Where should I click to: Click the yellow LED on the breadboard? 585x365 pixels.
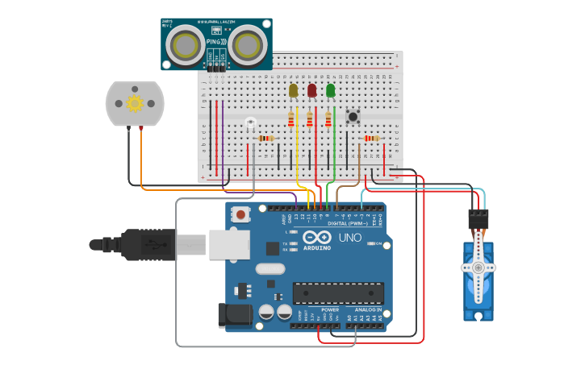[293, 90]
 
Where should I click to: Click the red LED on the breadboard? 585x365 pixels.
[311, 90]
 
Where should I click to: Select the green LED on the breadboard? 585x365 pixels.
[330, 90]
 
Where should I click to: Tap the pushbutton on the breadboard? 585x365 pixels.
[353, 117]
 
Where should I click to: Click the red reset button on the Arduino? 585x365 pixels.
[240, 214]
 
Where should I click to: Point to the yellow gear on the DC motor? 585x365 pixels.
[135, 103]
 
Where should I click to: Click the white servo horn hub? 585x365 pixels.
[478, 267]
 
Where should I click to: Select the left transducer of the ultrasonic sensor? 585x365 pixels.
[186, 45]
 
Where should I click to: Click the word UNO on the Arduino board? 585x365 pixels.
[349, 238]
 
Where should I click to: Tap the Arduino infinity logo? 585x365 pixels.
[317, 238]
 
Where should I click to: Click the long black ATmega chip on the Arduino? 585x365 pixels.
[337, 294]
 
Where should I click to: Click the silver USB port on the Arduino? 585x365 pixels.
[229, 244]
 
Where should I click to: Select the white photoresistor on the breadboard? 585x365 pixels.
[250, 122]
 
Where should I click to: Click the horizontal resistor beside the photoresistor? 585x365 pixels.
[265, 138]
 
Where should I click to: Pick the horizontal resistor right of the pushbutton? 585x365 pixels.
[370, 138]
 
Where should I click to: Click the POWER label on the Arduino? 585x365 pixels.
[330, 309]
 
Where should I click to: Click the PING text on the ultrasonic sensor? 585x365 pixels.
[215, 40]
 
